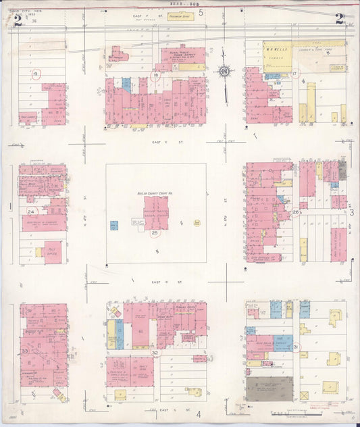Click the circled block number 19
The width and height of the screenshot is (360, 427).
click(36, 73)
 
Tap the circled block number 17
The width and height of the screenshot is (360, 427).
click(294, 73)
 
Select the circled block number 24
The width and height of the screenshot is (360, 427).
click(30, 211)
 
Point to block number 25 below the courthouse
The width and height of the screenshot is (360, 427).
click(155, 233)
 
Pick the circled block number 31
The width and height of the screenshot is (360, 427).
click(296, 347)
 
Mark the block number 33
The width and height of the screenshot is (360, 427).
click(25, 351)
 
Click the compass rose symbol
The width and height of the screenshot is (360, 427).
click(224, 70)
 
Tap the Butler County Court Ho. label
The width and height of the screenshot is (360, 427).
click(155, 193)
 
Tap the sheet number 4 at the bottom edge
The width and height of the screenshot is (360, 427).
click(199, 413)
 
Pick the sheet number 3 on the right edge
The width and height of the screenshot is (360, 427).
click(352, 212)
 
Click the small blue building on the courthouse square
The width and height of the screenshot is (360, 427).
click(114, 225)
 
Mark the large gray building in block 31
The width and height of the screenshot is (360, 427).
click(269, 389)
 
